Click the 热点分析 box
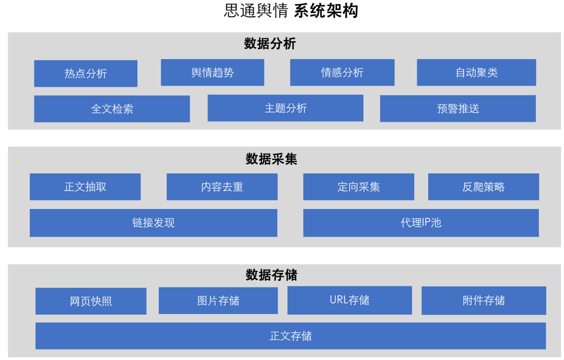(86, 74)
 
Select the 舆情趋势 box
(213, 73)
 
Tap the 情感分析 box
(342, 73)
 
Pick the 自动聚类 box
(476, 73)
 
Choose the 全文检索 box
(112, 109)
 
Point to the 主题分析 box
(286, 108)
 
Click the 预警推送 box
(458, 109)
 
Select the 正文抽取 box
(85, 187)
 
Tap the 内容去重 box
(222, 187)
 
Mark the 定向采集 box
(359, 187)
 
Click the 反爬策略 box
(484, 187)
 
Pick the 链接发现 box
(154, 223)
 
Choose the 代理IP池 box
(421, 223)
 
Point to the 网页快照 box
(91, 301)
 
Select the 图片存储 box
(218, 301)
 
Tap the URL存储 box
(349, 300)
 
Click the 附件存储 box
(484, 301)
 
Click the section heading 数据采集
(272, 159)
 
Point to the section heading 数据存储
(272, 275)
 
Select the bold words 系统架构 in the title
(326, 11)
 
